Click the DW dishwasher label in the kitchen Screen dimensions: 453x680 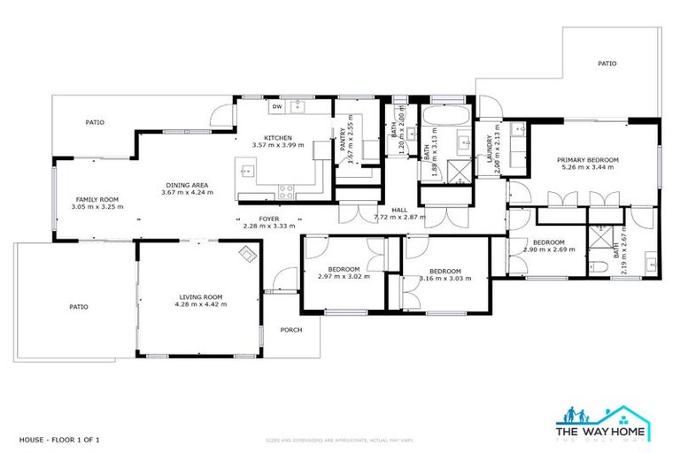tap(277, 107)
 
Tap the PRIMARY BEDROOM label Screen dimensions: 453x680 tap(587, 159)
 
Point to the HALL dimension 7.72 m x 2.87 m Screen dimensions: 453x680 tap(400, 217)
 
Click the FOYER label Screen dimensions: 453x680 tap(268, 218)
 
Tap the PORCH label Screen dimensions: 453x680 tap(290, 330)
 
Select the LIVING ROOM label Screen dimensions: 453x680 tap(200, 296)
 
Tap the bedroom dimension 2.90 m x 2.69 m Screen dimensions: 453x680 tap(548, 250)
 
